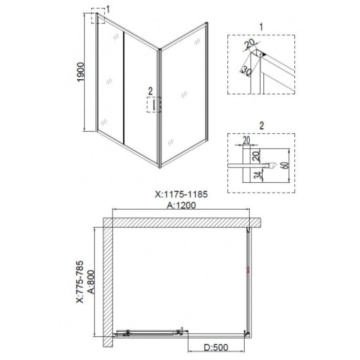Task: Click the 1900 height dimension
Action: pyautogui.click(x=81, y=72)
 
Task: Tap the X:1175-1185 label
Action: pyautogui.click(x=181, y=194)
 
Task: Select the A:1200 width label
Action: pyautogui.click(x=181, y=205)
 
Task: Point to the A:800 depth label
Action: pyautogui.click(x=91, y=282)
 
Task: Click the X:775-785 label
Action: pyautogui.click(x=80, y=282)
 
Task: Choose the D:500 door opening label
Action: pyautogui.click(x=216, y=347)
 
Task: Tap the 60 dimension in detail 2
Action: pyautogui.click(x=285, y=165)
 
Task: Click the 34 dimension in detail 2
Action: pyautogui.click(x=259, y=175)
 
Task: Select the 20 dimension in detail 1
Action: pyautogui.click(x=250, y=44)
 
